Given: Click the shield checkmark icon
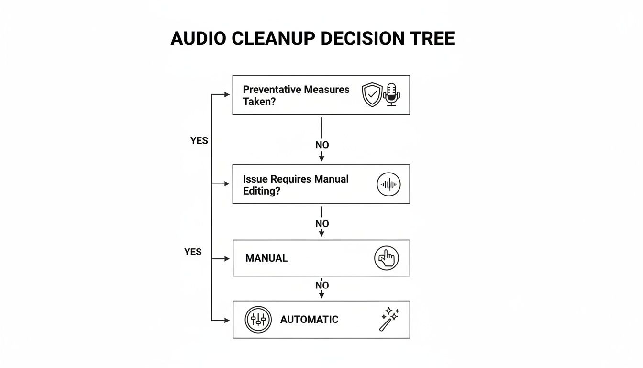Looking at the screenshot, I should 372,94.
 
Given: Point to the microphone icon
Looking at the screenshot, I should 391,94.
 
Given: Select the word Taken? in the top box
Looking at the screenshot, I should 259,101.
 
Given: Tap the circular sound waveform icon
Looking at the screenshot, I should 388,184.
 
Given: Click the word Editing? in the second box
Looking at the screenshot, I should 261,191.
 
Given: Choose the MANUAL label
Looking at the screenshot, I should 266,258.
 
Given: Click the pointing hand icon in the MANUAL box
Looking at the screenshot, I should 386,258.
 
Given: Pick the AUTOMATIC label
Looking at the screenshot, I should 309,320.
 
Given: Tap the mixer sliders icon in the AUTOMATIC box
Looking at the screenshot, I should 258,320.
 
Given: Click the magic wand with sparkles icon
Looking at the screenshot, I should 389,319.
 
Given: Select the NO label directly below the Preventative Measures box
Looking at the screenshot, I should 322,145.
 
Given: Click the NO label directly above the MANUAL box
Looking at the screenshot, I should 322,224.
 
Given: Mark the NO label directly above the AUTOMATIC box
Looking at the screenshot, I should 322,286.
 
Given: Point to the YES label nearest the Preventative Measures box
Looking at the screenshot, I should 199,141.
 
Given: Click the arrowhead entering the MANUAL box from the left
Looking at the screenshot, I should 227,259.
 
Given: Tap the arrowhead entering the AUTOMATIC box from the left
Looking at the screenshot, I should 227,320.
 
